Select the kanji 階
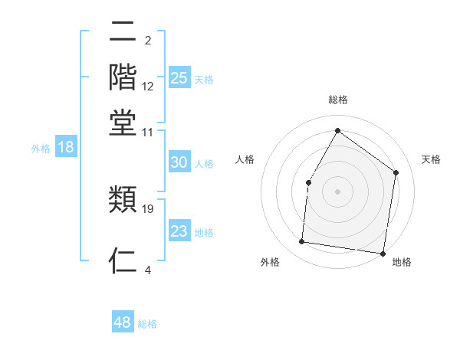(x=123, y=77)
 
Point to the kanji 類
(x=123, y=200)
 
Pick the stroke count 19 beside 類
(x=148, y=208)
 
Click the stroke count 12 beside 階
(x=148, y=87)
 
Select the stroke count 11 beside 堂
(x=148, y=132)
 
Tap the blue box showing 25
(x=179, y=77)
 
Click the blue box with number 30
(x=179, y=162)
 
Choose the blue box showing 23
(x=179, y=231)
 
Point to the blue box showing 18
(x=66, y=147)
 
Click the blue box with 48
(x=123, y=322)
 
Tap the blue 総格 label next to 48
(x=147, y=324)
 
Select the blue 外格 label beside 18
(x=40, y=149)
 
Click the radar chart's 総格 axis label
(x=338, y=100)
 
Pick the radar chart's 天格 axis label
(x=431, y=159)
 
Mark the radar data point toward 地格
(x=383, y=253)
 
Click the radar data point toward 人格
(x=308, y=182)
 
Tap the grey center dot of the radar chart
(x=337, y=190)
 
